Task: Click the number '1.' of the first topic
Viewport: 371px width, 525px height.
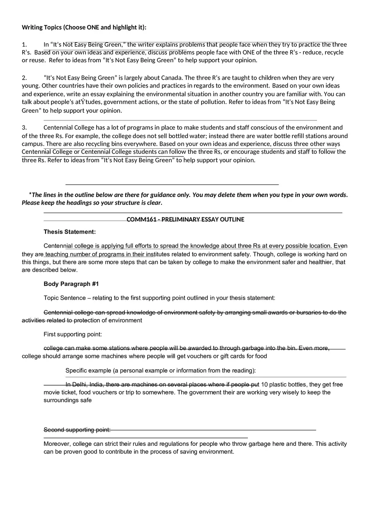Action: point(24,45)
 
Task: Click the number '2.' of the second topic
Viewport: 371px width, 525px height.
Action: point(24,78)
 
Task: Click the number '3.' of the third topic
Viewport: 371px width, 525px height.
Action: point(24,128)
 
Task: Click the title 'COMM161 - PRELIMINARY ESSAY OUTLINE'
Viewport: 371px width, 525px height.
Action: point(185,219)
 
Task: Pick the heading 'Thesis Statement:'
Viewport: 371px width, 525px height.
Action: point(70,232)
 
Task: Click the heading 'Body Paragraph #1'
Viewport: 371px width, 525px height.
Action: point(71,284)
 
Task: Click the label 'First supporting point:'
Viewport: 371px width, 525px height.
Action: point(73,335)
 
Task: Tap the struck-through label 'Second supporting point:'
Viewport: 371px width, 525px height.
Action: point(77,430)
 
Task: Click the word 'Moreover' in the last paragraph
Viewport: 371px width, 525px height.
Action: point(57,444)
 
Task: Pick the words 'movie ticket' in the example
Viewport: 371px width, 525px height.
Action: point(60,392)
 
